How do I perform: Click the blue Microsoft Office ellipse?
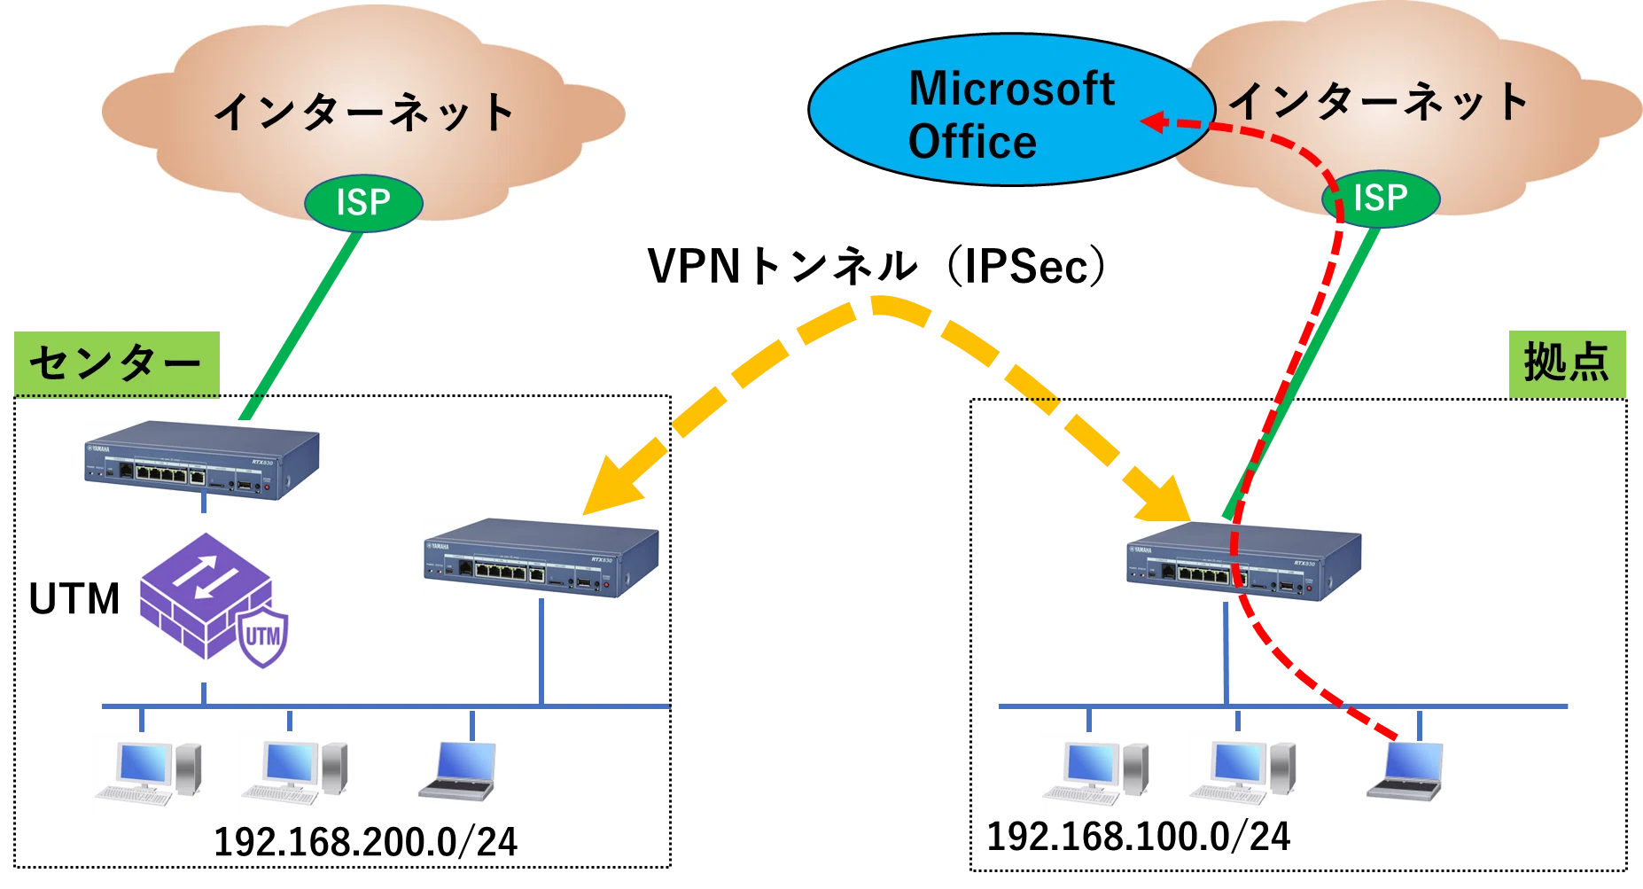[1010, 110]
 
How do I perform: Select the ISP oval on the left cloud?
[363, 203]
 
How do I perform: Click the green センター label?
[116, 363]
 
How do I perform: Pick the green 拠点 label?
[1567, 363]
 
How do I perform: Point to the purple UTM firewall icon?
[214, 600]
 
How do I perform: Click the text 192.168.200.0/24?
[365, 842]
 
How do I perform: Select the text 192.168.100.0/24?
[1139, 837]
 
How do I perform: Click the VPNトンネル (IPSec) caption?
[876, 266]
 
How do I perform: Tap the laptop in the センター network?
[457, 771]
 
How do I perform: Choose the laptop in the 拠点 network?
[1406, 771]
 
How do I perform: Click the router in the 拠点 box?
[1243, 561]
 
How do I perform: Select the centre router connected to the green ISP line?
[202, 460]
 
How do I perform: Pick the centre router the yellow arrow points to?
[541, 558]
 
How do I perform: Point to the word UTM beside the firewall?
[74, 599]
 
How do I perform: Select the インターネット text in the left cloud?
[364, 113]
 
